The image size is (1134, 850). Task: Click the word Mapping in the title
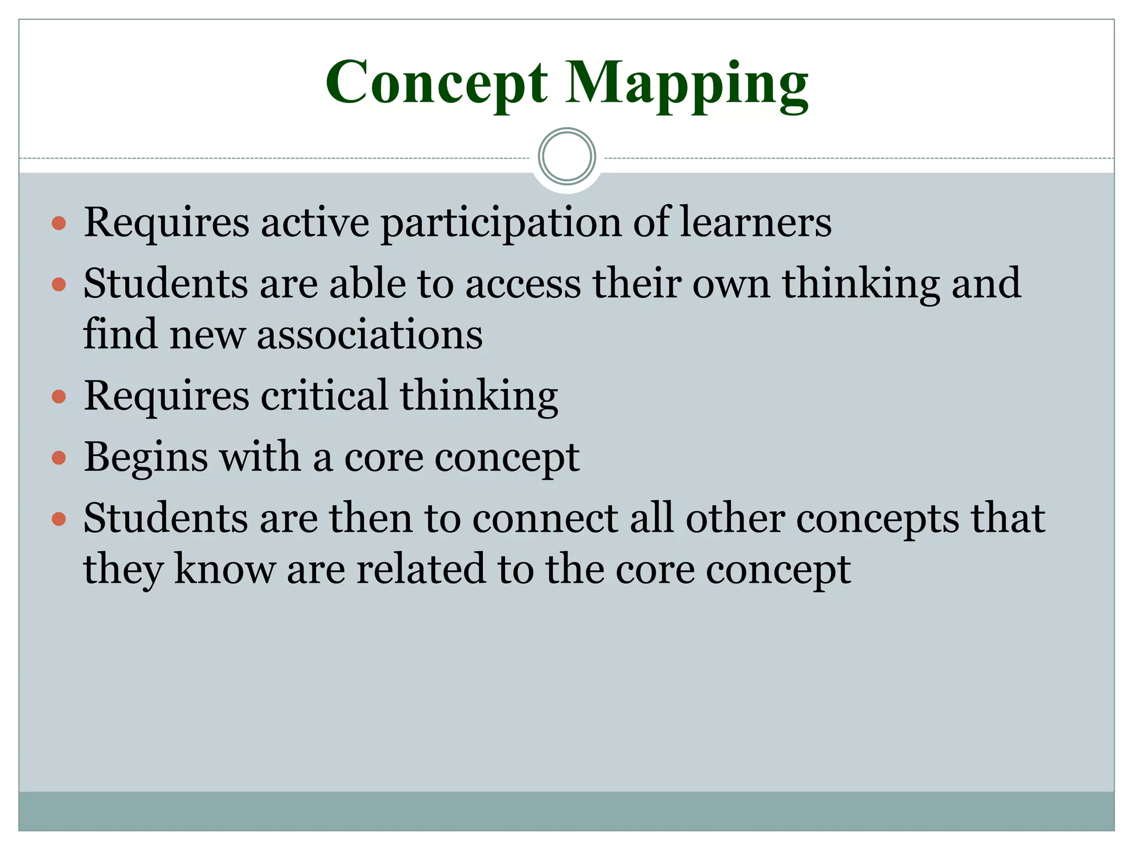687,83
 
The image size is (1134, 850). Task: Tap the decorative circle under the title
567,157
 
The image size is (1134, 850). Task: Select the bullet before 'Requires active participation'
59,224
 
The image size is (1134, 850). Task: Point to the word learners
755,222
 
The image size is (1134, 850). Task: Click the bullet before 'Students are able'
59,285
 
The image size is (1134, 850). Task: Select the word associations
369,335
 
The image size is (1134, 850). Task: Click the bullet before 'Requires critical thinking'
59,397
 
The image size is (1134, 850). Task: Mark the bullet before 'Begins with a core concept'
59,458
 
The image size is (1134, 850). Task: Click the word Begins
146,458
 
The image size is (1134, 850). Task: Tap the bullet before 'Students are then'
59,519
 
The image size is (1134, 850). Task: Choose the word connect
545,519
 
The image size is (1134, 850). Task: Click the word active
315,222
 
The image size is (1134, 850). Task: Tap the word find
120,334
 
